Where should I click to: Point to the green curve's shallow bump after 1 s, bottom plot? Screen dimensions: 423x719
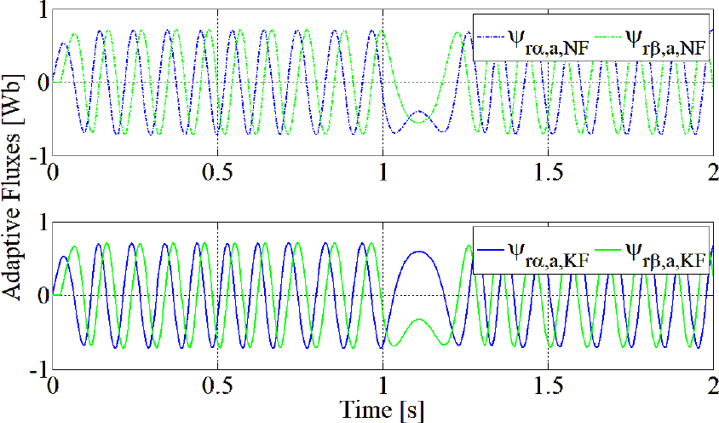point(418,320)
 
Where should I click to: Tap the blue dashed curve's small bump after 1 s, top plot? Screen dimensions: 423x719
point(417,112)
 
